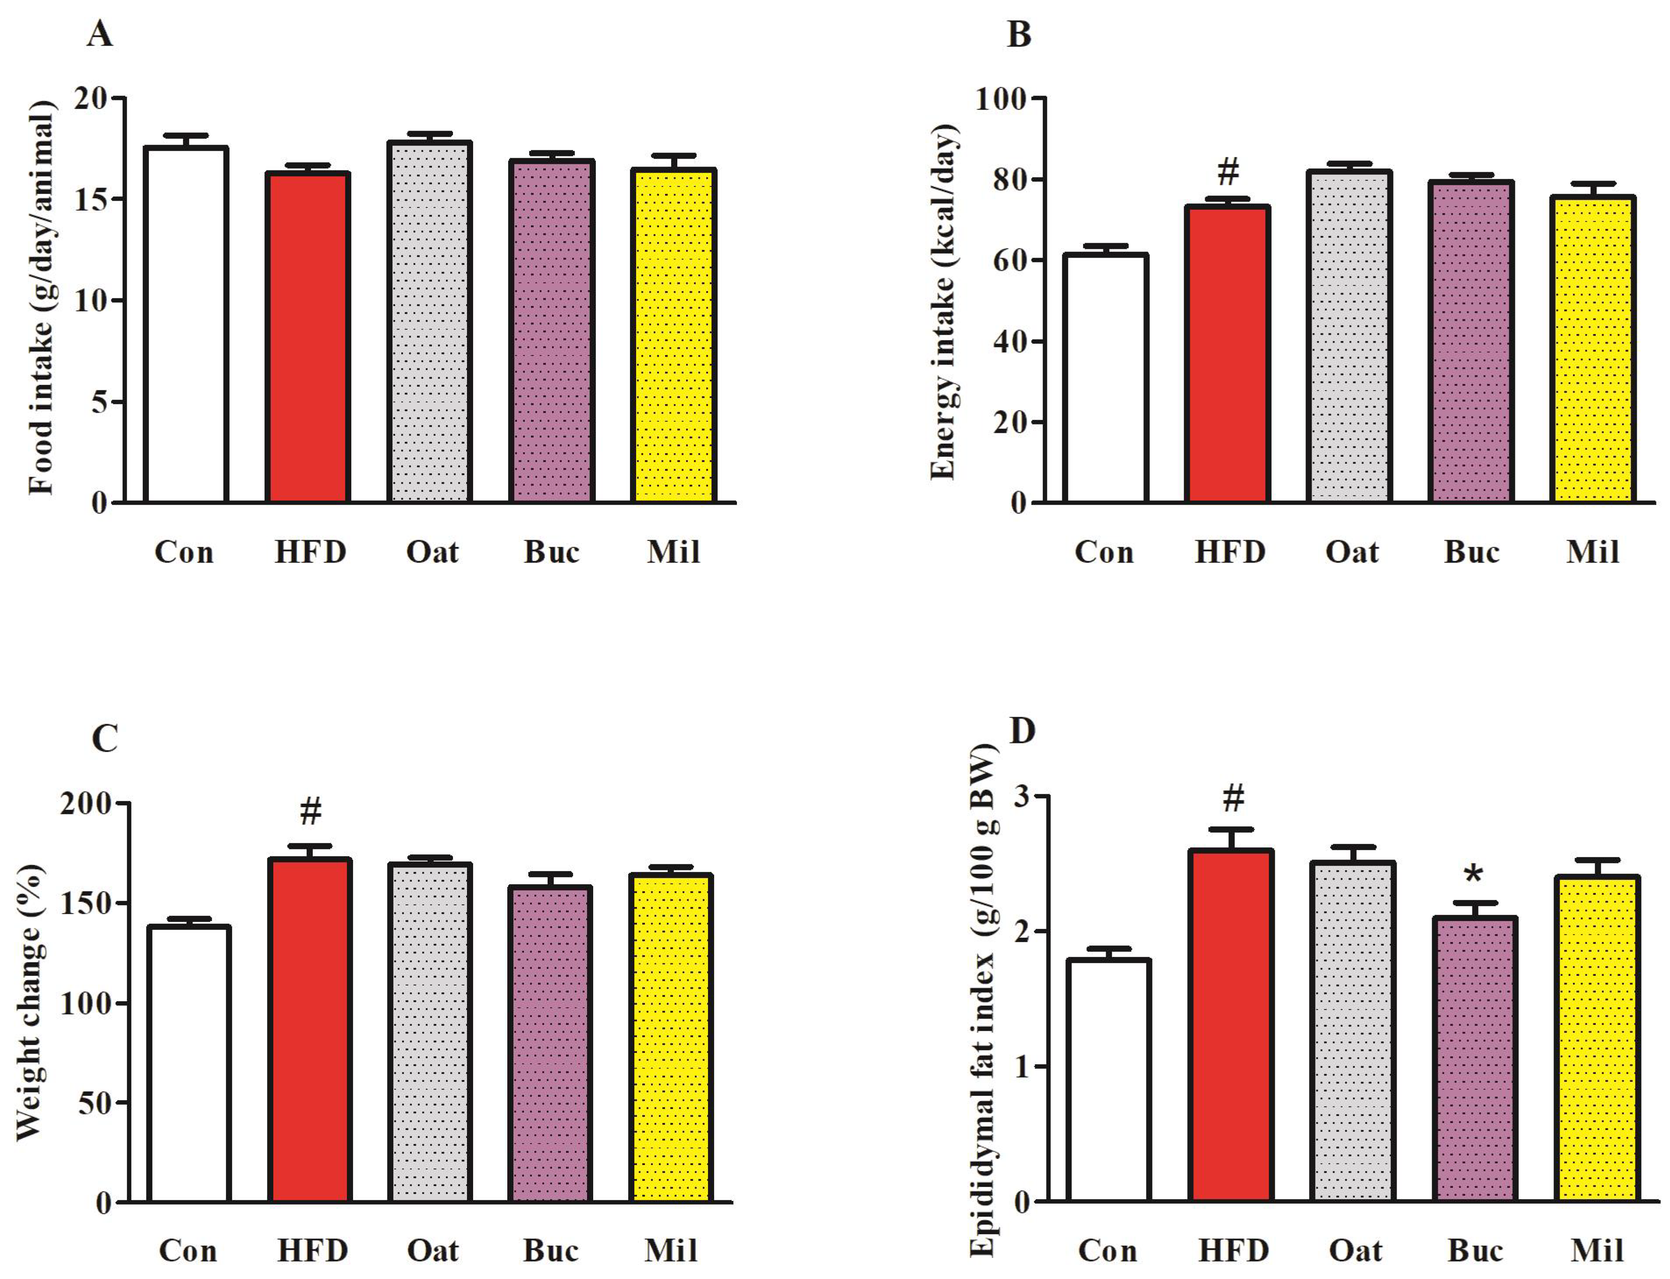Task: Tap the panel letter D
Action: (1022, 731)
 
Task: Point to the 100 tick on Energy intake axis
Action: (1000, 99)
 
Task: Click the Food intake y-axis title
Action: (42, 297)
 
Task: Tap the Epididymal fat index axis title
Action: (982, 1005)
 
